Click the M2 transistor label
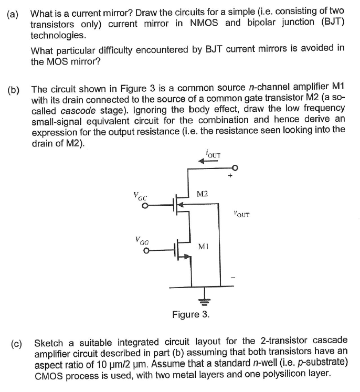pyautogui.click(x=203, y=194)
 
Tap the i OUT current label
pyautogui.click(x=214, y=154)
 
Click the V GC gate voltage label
pyautogui.click(x=140, y=196)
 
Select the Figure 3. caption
pyautogui.click(x=190, y=315)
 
